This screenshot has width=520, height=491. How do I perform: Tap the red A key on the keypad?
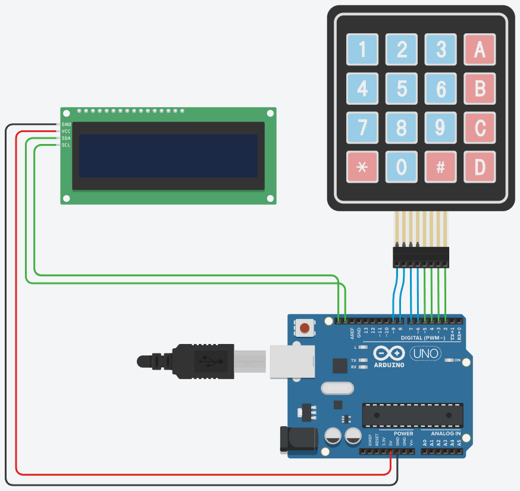(480, 49)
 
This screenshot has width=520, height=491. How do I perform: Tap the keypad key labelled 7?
(362, 128)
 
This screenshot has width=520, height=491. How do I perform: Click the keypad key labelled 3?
(441, 49)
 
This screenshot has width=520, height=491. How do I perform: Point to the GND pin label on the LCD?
(66, 124)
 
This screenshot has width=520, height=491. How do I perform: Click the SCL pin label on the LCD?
(66, 145)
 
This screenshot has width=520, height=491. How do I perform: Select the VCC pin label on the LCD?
(66, 131)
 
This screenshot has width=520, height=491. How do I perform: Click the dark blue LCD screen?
(168, 155)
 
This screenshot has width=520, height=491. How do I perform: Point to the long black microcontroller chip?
(412, 415)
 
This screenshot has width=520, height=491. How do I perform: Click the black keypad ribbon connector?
(421, 257)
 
